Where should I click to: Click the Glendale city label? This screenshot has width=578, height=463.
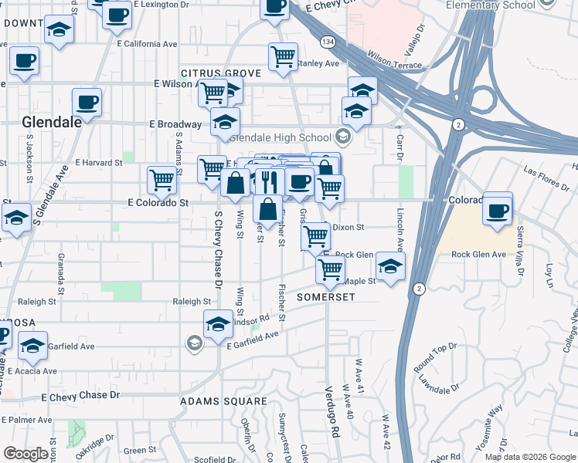pyautogui.click(x=52, y=122)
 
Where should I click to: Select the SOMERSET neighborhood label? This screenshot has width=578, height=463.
pyautogui.click(x=324, y=297)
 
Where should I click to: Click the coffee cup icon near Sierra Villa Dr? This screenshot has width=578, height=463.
pyautogui.click(x=498, y=210)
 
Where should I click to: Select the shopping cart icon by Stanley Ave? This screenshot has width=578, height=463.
pyautogui.click(x=284, y=56)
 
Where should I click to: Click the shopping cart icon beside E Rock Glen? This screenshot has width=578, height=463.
pyautogui.click(x=314, y=235)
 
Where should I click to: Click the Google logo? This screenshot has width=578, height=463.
pyautogui.click(x=25, y=454)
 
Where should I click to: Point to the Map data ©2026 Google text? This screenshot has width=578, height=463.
pyautogui.click(x=529, y=457)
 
